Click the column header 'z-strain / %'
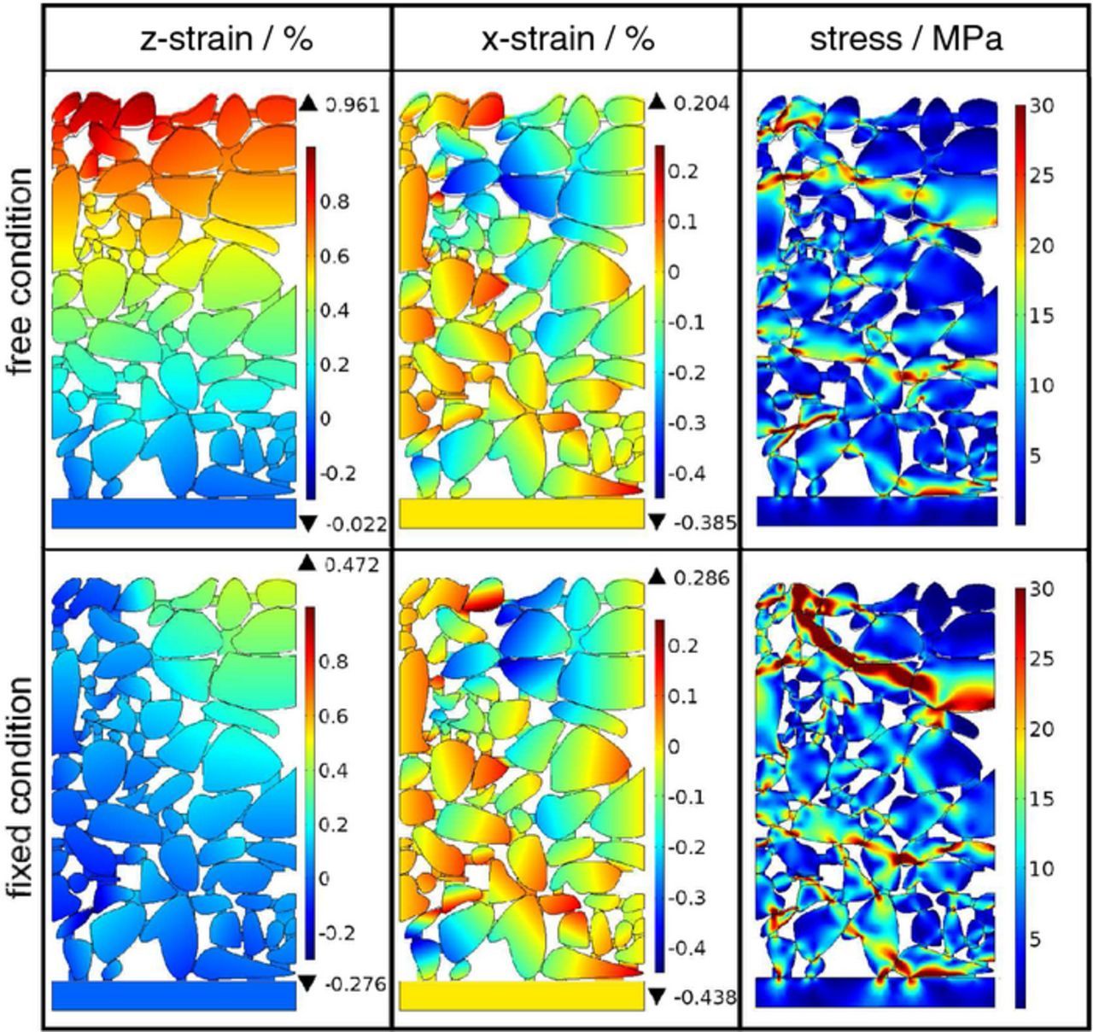226,39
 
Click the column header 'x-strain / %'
568,39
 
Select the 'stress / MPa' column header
906,39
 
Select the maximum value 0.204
700,103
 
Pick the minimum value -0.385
704,522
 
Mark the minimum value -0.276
354,985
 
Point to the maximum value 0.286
700,578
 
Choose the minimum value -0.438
704,996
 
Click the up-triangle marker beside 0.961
308,104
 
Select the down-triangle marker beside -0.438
656,996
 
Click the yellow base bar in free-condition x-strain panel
521,513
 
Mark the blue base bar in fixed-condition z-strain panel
173,994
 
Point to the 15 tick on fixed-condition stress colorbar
1042,799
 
